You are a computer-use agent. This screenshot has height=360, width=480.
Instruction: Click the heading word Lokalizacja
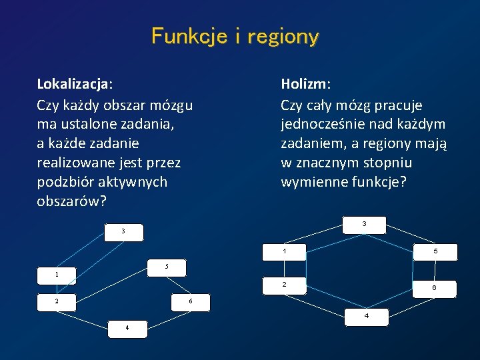click(x=73, y=85)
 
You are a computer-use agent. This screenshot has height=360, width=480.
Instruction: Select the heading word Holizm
click(x=305, y=85)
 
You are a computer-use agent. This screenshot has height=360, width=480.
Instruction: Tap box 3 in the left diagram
click(x=123, y=231)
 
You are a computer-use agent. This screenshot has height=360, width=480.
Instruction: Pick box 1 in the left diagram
click(x=57, y=274)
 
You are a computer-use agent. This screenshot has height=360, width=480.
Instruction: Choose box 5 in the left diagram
click(x=167, y=267)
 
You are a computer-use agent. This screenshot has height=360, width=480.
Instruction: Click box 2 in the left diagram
click(x=57, y=301)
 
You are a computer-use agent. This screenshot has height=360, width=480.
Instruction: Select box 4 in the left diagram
click(x=127, y=327)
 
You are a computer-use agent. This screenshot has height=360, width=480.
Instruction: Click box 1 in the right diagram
click(x=285, y=251)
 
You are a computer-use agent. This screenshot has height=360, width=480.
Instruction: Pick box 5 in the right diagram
click(x=435, y=251)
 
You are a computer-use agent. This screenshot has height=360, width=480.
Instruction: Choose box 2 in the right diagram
click(x=285, y=285)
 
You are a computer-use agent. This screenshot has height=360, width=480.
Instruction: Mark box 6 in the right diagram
click(x=434, y=288)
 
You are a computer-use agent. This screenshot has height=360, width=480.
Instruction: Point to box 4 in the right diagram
click(x=366, y=316)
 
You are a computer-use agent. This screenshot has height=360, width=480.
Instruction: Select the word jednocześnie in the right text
click(x=323, y=125)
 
